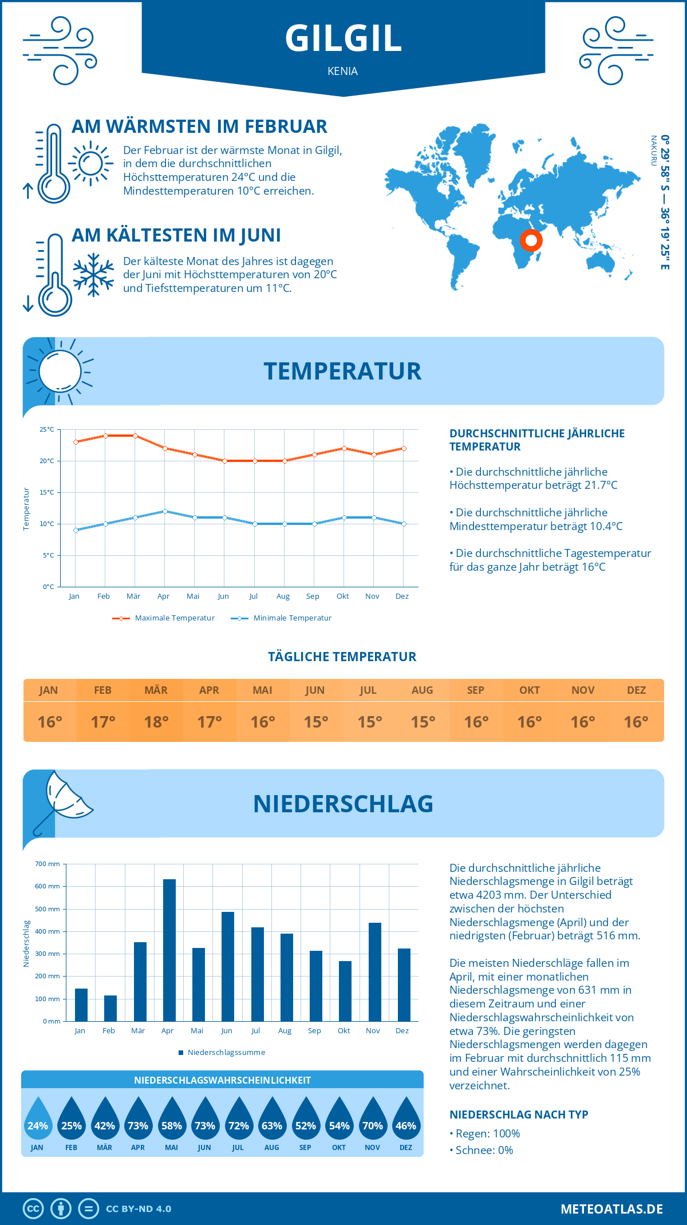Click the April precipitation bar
(x=169, y=950)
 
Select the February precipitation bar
(x=110, y=1008)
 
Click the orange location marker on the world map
(x=531, y=240)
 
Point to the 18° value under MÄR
(x=156, y=722)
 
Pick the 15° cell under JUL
(x=369, y=722)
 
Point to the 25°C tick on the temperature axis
(x=47, y=429)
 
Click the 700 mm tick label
(x=48, y=864)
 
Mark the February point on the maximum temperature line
(x=105, y=436)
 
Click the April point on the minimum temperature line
(x=165, y=511)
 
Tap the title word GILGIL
(x=343, y=39)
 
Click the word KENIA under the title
(x=343, y=72)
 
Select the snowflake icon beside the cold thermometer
(x=93, y=275)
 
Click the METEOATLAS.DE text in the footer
(x=611, y=1209)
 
